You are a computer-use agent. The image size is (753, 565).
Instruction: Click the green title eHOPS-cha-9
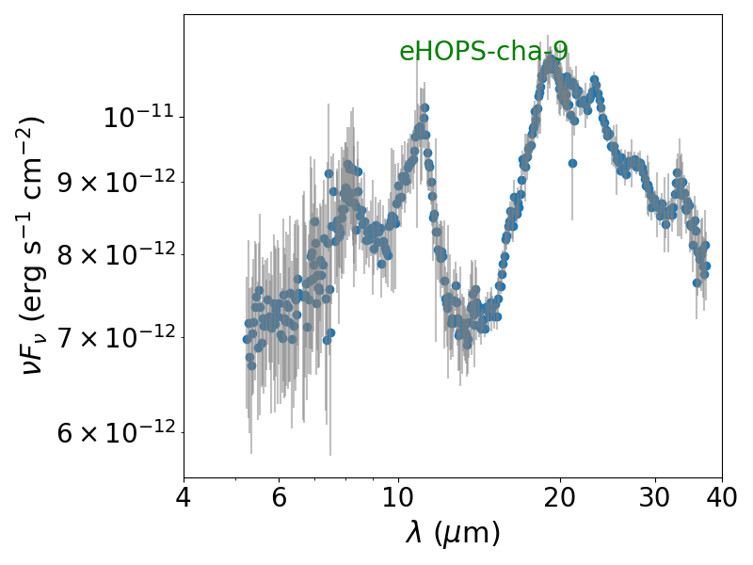click(x=484, y=52)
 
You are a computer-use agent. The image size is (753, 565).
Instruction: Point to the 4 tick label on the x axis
click(x=184, y=497)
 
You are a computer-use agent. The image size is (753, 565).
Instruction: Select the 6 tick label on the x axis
click(x=279, y=497)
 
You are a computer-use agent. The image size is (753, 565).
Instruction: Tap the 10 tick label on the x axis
click(x=398, y=497)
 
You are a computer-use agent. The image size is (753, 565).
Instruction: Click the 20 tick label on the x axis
click(x=560, y=497)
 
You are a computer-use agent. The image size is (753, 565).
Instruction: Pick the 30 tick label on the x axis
click(x=654, y=497)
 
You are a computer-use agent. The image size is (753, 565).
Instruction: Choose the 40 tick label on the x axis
click(x=722, y=497)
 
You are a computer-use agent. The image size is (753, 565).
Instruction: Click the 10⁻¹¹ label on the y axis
click(x=138, y=117)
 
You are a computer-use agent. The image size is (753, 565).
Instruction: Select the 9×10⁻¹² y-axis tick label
click(x=117, y=182)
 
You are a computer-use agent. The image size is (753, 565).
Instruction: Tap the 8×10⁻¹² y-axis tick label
click(x=117, y=254)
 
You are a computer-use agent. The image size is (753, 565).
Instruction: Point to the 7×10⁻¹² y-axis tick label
click(x=117, y=337)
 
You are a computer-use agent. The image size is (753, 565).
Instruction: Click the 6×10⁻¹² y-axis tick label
click(x=117, y=432)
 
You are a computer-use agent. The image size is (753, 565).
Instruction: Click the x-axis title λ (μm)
click(x=453, y=533)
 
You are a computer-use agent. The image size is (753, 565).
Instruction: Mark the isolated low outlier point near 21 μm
click(x=572, y=163)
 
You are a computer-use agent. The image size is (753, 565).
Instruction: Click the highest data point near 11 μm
click(x=425, y=107)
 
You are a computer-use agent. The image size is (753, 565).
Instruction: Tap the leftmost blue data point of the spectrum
click(x=247, y=339)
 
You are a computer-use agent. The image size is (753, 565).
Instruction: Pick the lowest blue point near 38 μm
click(x=697, y=283)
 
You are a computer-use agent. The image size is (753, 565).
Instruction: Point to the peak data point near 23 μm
click(x=595, y=79)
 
